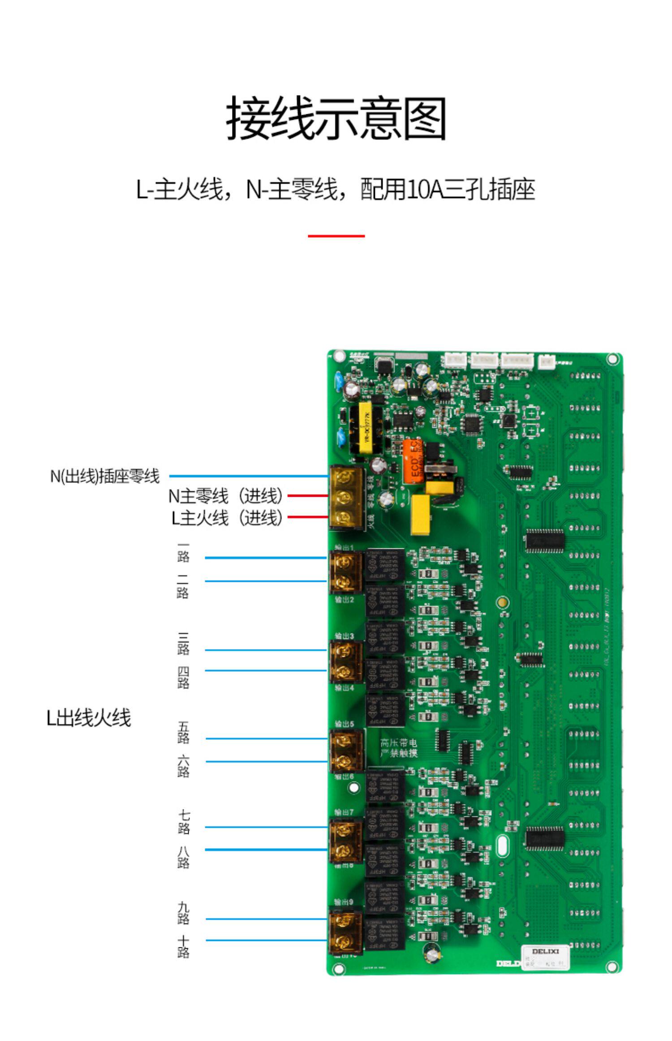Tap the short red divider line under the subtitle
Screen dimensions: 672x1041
(x=336, y=235)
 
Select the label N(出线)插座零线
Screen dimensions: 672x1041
(x=105, y=476)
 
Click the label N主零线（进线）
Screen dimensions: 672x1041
(x=226, y=496)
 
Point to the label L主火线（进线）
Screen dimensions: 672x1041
(x=227, y=517)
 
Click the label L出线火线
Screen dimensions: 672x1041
(x=89, y=718)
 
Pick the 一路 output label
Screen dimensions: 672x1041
(x=183, y=553)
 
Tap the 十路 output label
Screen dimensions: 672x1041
(x=183, y=947)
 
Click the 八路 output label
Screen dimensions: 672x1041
(x=183, y=857)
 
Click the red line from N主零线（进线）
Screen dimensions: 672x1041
(x=308, y=496)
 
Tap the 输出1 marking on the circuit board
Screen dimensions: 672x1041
(x=344, y=548)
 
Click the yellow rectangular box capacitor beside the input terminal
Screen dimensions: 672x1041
(x=421, y=514)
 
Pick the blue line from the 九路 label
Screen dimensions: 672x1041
(x=267, y=919)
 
